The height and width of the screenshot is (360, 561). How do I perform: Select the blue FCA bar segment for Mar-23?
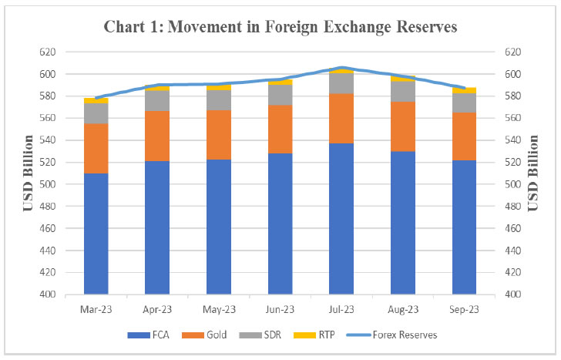point(96,234)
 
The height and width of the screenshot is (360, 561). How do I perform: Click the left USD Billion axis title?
point(29,173)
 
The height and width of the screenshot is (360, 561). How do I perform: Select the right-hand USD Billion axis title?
point(533,173)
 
